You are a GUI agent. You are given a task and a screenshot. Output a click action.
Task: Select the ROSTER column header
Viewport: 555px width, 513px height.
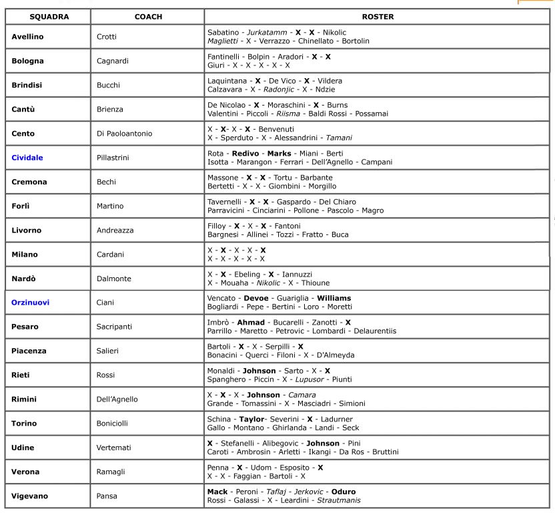pyautogui.click(x=378, y=16)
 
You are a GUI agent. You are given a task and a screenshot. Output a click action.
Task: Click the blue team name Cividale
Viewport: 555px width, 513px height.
pyautogui.click(x=27, y=158)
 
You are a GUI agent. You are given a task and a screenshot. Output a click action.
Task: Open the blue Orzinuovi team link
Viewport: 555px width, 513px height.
pyautogui.click(x=30, y=303)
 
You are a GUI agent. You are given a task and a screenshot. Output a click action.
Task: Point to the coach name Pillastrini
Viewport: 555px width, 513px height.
pyautogui.click(x=117, y=158)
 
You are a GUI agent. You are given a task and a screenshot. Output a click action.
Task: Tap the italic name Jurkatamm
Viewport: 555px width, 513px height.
pyautogui.click(x=267, y=32)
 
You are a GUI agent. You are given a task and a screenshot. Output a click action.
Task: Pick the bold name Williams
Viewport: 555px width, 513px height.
pyautogui.click(x=334, y=298)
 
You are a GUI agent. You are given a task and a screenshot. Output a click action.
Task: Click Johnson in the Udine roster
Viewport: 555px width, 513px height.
pyautogui.click(x=323, y=443)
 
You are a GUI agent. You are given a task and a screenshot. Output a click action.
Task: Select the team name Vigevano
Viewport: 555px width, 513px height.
pyautogui.click(x=31, y=496)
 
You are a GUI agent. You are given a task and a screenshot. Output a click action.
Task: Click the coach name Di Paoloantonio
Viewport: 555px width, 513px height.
pyautogui.click(x=125, y=134)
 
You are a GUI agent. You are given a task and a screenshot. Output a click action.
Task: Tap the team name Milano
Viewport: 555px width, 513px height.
pyautogui.click(x=25, y=254)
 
